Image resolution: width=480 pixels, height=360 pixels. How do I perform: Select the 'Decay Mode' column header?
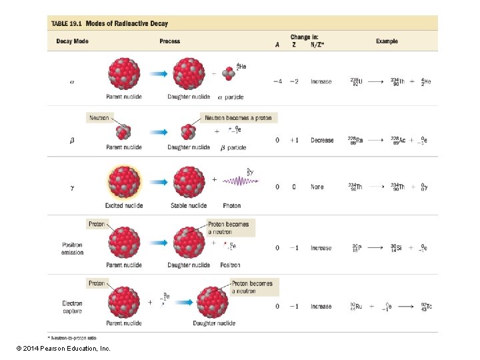[72, 41]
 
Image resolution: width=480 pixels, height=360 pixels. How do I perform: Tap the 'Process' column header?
[170, 41]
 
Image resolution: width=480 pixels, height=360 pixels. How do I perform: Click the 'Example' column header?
[387, 41]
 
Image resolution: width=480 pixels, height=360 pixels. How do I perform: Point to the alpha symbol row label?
[72, 82]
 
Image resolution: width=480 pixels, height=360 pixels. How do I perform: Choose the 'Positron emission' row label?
[72, 249]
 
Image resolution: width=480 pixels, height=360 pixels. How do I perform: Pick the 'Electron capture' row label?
[72, 307]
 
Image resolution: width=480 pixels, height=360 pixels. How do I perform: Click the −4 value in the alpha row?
[277, 81]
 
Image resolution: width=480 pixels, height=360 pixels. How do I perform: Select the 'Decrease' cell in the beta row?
[322, 141]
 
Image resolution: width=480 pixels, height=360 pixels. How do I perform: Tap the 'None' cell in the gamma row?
[317, 187]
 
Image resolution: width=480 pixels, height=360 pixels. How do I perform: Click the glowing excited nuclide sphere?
[124, 181]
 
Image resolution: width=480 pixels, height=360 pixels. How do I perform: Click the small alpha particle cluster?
[228, 75]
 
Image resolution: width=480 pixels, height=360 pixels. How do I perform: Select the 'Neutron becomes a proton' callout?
[238, 117]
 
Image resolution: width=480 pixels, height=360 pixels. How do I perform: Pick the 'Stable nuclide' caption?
[188, 205]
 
